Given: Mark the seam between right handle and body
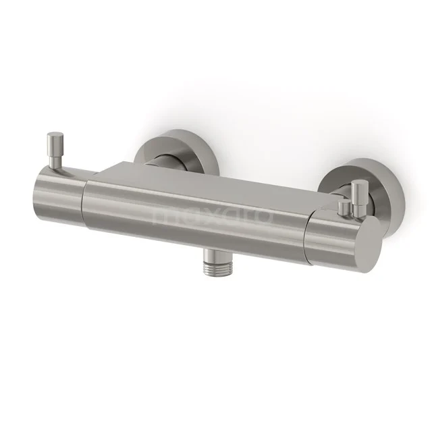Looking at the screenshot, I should click(305, 230).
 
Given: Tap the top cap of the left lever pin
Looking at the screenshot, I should click(52, 138).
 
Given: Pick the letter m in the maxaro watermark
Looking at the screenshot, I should click(165, 216).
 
